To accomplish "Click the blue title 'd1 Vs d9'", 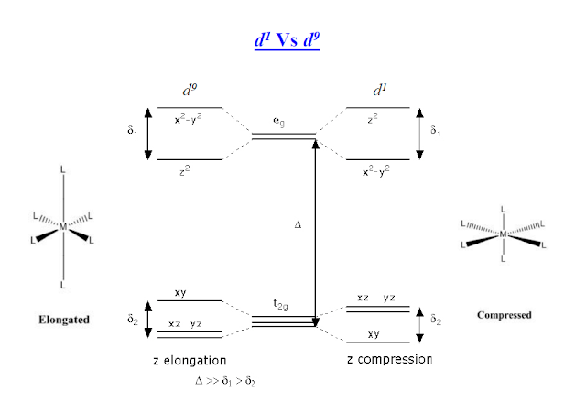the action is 287,40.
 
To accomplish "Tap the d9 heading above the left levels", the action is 190,90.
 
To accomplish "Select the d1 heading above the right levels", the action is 380,90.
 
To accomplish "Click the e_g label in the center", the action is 278,122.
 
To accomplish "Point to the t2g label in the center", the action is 280,305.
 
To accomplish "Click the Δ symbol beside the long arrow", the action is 298,224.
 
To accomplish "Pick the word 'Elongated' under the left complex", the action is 64,320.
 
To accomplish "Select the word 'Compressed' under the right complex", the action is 505,315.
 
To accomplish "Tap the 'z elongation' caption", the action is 190,361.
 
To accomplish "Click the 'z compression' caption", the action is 390,359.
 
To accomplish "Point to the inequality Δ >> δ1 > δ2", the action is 225,382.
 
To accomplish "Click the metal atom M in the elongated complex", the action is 63,226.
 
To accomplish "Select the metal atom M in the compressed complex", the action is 503,234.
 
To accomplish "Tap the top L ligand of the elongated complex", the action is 63,169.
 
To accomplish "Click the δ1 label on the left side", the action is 133,131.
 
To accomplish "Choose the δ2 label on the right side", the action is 436,320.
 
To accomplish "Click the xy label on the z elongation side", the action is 180,293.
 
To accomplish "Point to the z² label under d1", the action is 373,119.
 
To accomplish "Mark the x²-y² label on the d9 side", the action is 189,119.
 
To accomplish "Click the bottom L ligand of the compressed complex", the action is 503,259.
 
